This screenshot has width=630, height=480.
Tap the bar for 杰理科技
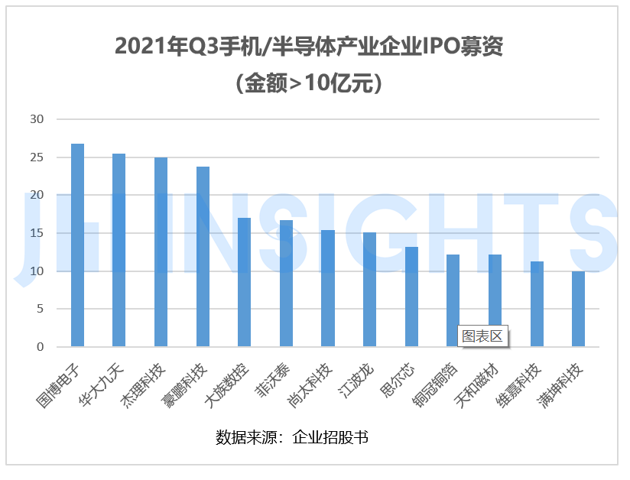161,251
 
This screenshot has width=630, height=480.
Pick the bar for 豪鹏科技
203,256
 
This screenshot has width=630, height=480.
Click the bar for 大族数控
244,282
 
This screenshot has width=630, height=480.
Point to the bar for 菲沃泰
286,283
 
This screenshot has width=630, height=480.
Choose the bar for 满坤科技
578,309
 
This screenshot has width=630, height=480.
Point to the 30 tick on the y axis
37,119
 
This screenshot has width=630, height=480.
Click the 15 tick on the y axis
37,233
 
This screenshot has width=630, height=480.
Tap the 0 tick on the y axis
41,347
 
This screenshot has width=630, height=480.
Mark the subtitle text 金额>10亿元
314,83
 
